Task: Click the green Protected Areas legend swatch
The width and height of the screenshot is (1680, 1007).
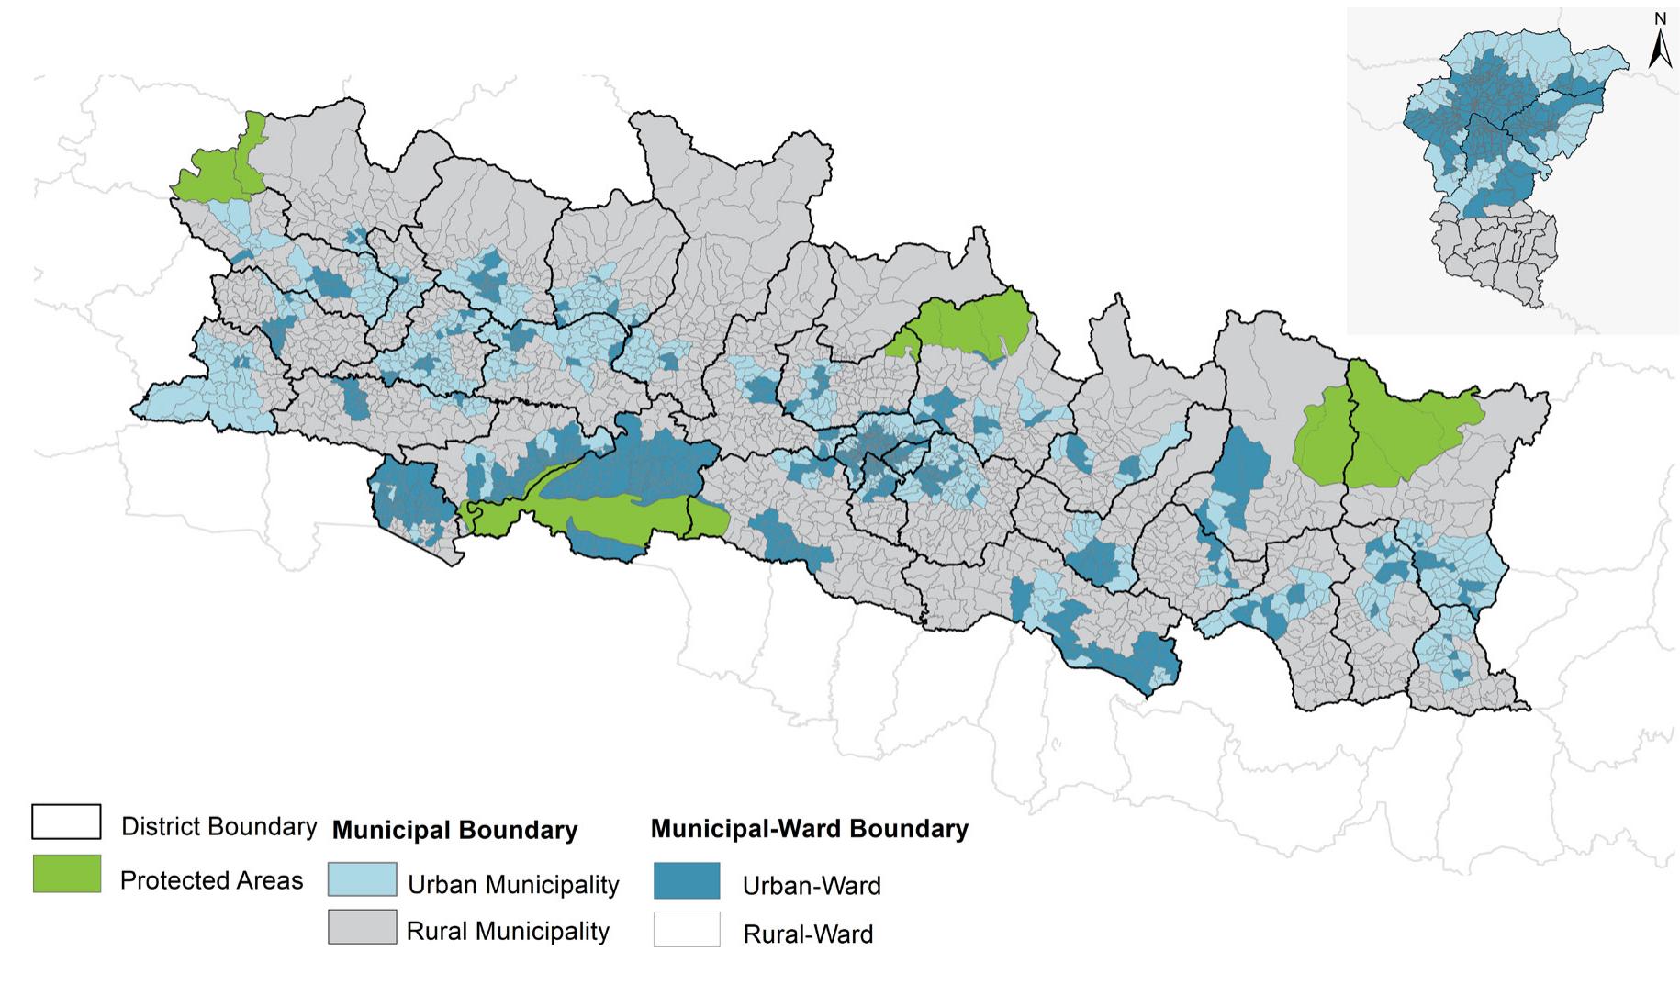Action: pos(66,873)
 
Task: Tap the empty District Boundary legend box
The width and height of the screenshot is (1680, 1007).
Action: pos(66,822)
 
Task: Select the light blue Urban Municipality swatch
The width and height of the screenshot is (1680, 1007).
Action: pos(363,879)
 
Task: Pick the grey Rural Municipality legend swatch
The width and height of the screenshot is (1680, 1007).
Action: pos(363,926)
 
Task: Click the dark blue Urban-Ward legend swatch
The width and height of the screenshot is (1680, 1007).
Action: pos(687,880)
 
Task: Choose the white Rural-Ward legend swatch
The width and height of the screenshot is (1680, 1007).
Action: pos(687,929)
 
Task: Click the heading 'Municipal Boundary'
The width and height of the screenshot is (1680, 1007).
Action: pos(454,831)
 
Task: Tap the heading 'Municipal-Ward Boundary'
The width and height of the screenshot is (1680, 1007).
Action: pos(809,829)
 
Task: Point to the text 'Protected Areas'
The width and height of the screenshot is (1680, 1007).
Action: pos(211,880)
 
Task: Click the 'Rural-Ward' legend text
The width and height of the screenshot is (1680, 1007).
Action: pos(808,934)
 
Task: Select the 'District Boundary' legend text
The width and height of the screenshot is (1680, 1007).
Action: pos(218,826)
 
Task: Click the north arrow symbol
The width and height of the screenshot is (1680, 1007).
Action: pos(1659,50)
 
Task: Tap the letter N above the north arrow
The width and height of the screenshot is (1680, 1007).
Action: pos(1660,18)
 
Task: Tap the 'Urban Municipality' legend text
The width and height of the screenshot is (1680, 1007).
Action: pos(513,885)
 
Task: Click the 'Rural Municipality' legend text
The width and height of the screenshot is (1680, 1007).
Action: pos(508,932)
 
